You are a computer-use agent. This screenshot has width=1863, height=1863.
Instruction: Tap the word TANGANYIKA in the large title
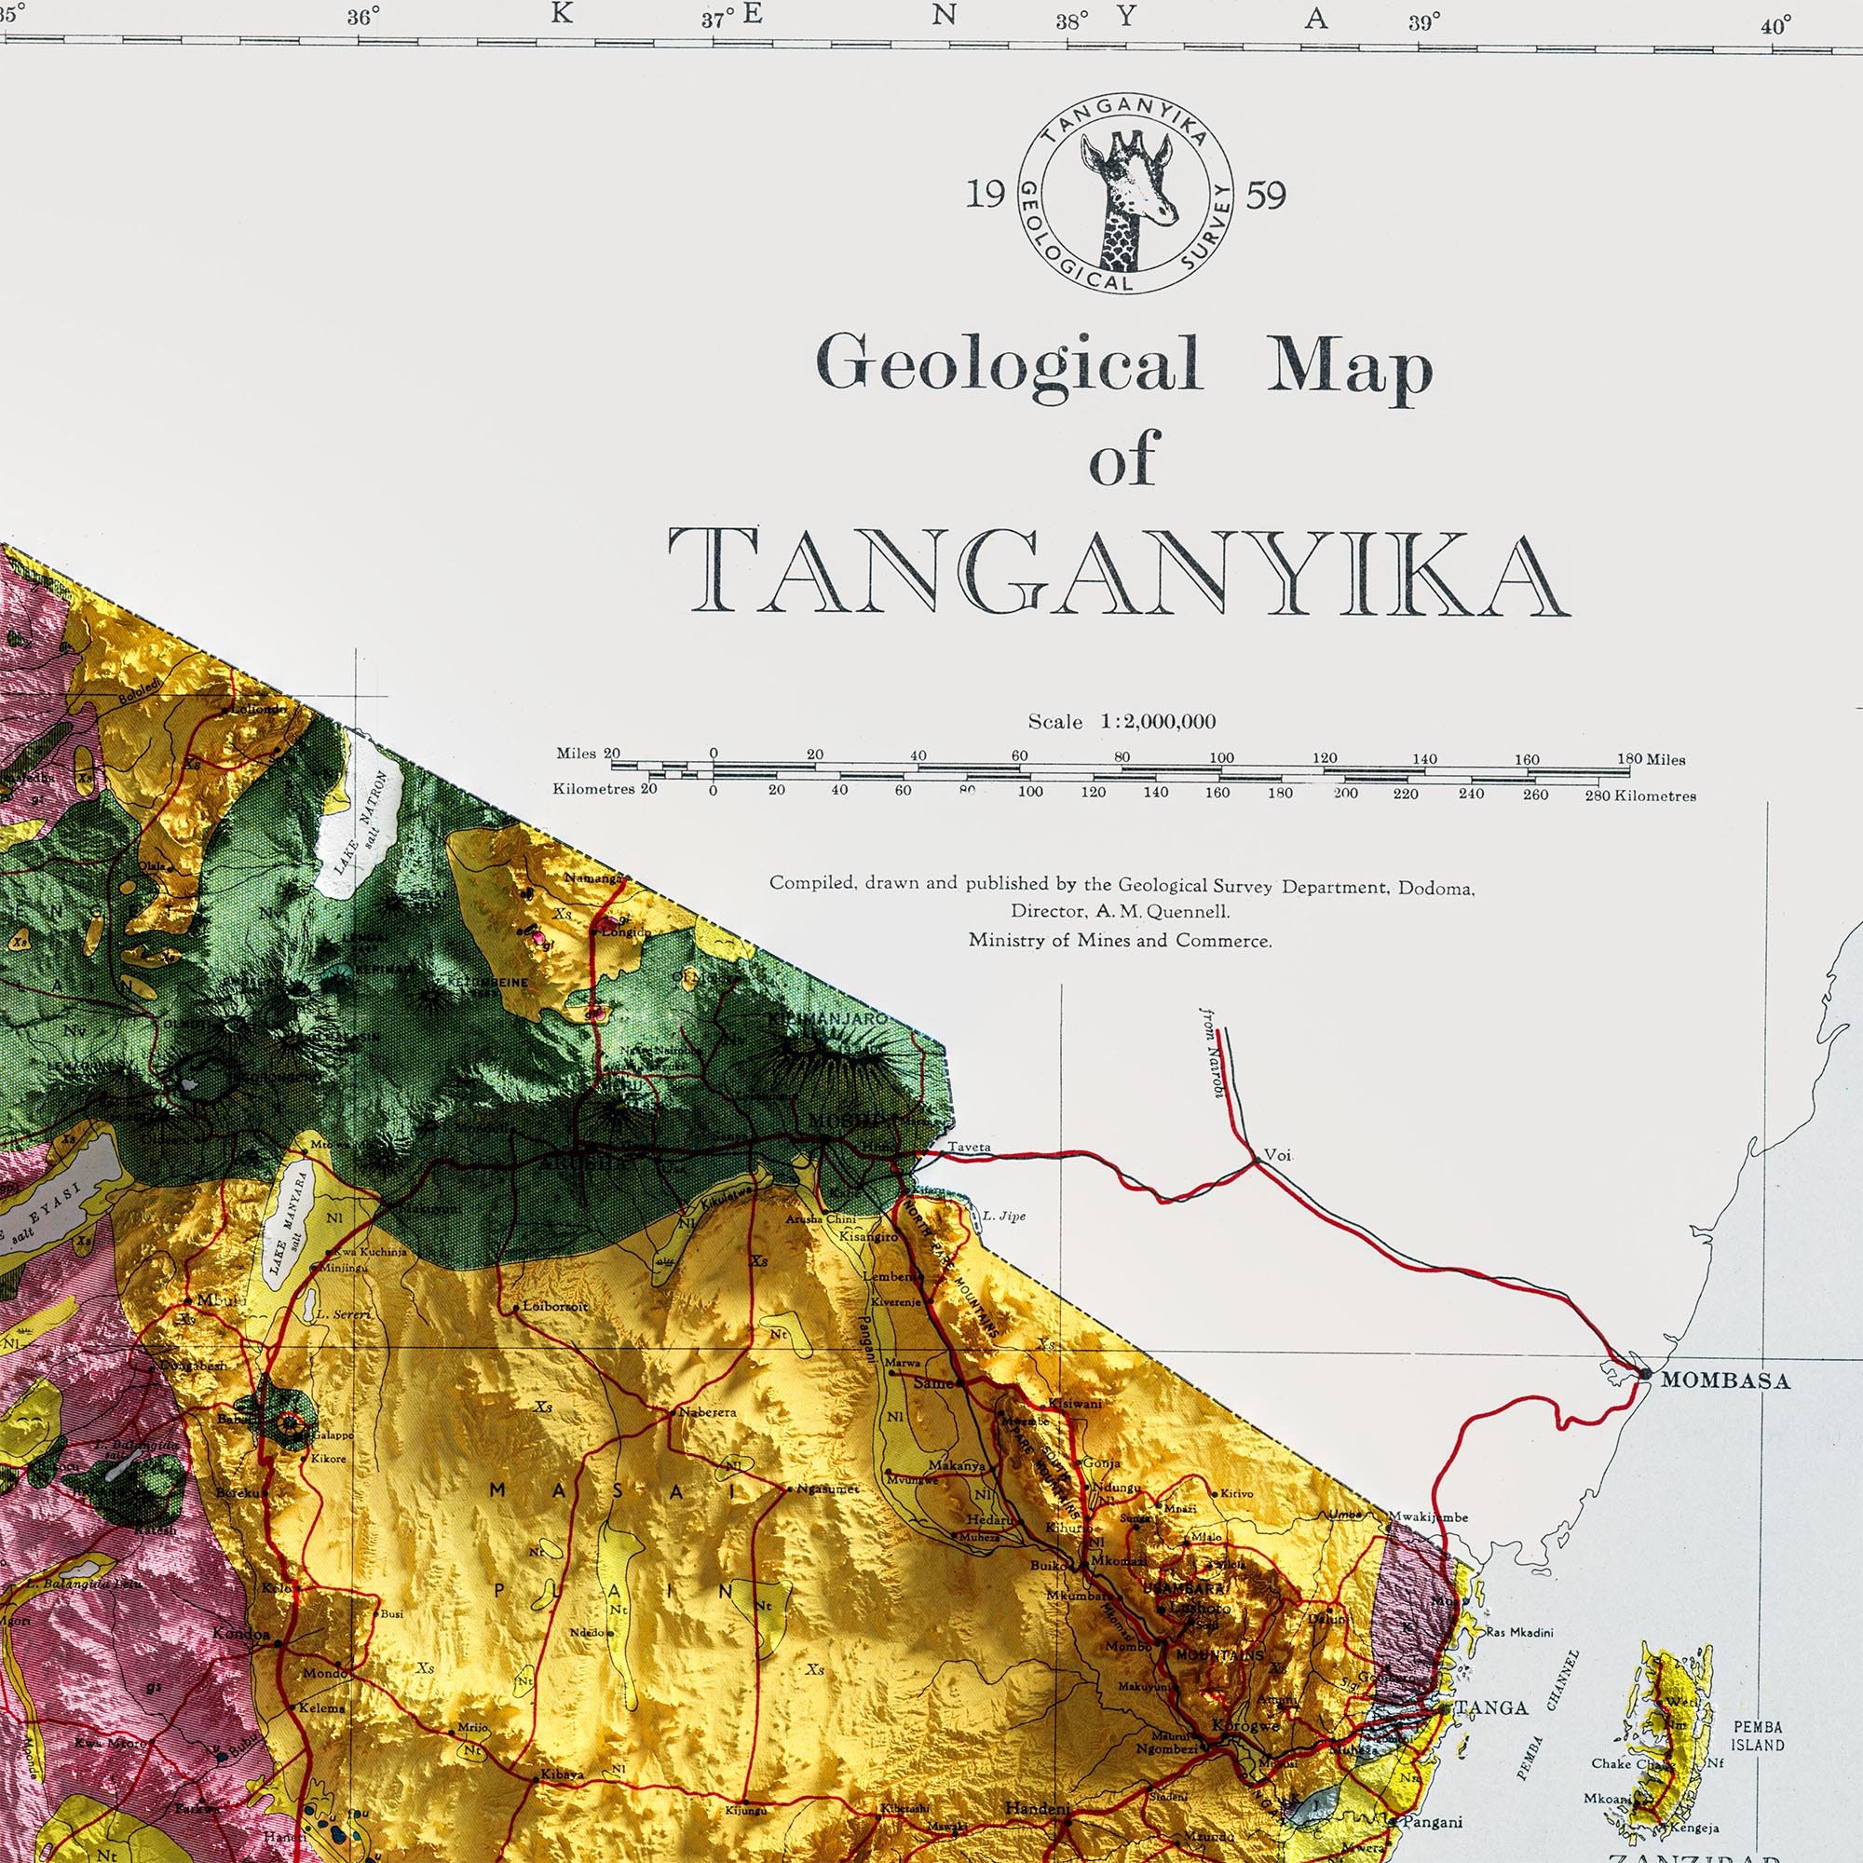pos(1119,573)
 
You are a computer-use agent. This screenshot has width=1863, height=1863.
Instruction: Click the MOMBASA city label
pos(1724,1380)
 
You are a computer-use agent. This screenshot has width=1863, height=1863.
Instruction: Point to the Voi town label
pos(1277,1154)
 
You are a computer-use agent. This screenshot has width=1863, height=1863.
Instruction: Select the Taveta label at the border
pos(968,1148)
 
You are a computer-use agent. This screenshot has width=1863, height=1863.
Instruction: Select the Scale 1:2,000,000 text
pos(1122,721)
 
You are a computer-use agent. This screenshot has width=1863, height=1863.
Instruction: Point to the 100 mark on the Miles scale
pos(1221,758)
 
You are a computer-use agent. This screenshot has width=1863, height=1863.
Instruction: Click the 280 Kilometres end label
pos(1639,796)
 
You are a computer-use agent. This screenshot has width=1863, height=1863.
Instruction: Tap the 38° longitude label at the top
pos(1071,21)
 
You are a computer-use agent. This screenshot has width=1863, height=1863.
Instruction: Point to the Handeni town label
pos(1038,1809)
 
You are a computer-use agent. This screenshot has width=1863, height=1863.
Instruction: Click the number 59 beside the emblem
pos(1266,196)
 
